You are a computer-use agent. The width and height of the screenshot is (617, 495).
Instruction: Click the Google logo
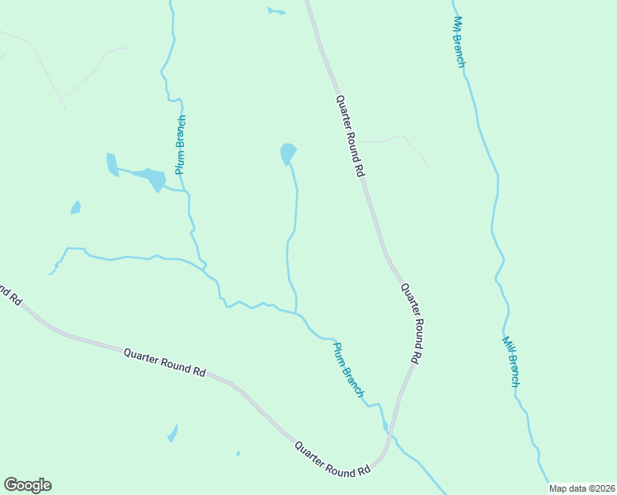[27, 485]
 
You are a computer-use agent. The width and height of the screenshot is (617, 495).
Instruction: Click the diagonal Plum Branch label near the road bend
[349, 370]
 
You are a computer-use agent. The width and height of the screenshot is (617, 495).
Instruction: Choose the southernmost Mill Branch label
[512, 361]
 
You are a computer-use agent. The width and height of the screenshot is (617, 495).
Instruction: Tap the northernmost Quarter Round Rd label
[350, 135]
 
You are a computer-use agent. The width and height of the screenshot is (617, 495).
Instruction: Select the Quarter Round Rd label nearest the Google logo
[164, 362]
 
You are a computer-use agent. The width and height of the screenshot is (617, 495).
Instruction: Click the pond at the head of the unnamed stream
[287, 153]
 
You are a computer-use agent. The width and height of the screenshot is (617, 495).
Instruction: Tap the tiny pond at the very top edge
[275, 12]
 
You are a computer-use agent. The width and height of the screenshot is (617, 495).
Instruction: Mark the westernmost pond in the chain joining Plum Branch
[112, 164]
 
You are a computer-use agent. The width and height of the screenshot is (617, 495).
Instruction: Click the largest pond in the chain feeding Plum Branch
[153, 177]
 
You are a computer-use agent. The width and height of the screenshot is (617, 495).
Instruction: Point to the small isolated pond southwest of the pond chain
[76, 207]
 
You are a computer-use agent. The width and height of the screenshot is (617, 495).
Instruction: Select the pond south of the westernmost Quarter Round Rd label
[172, 433]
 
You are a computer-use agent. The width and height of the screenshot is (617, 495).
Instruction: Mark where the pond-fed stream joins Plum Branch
[296, 313]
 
